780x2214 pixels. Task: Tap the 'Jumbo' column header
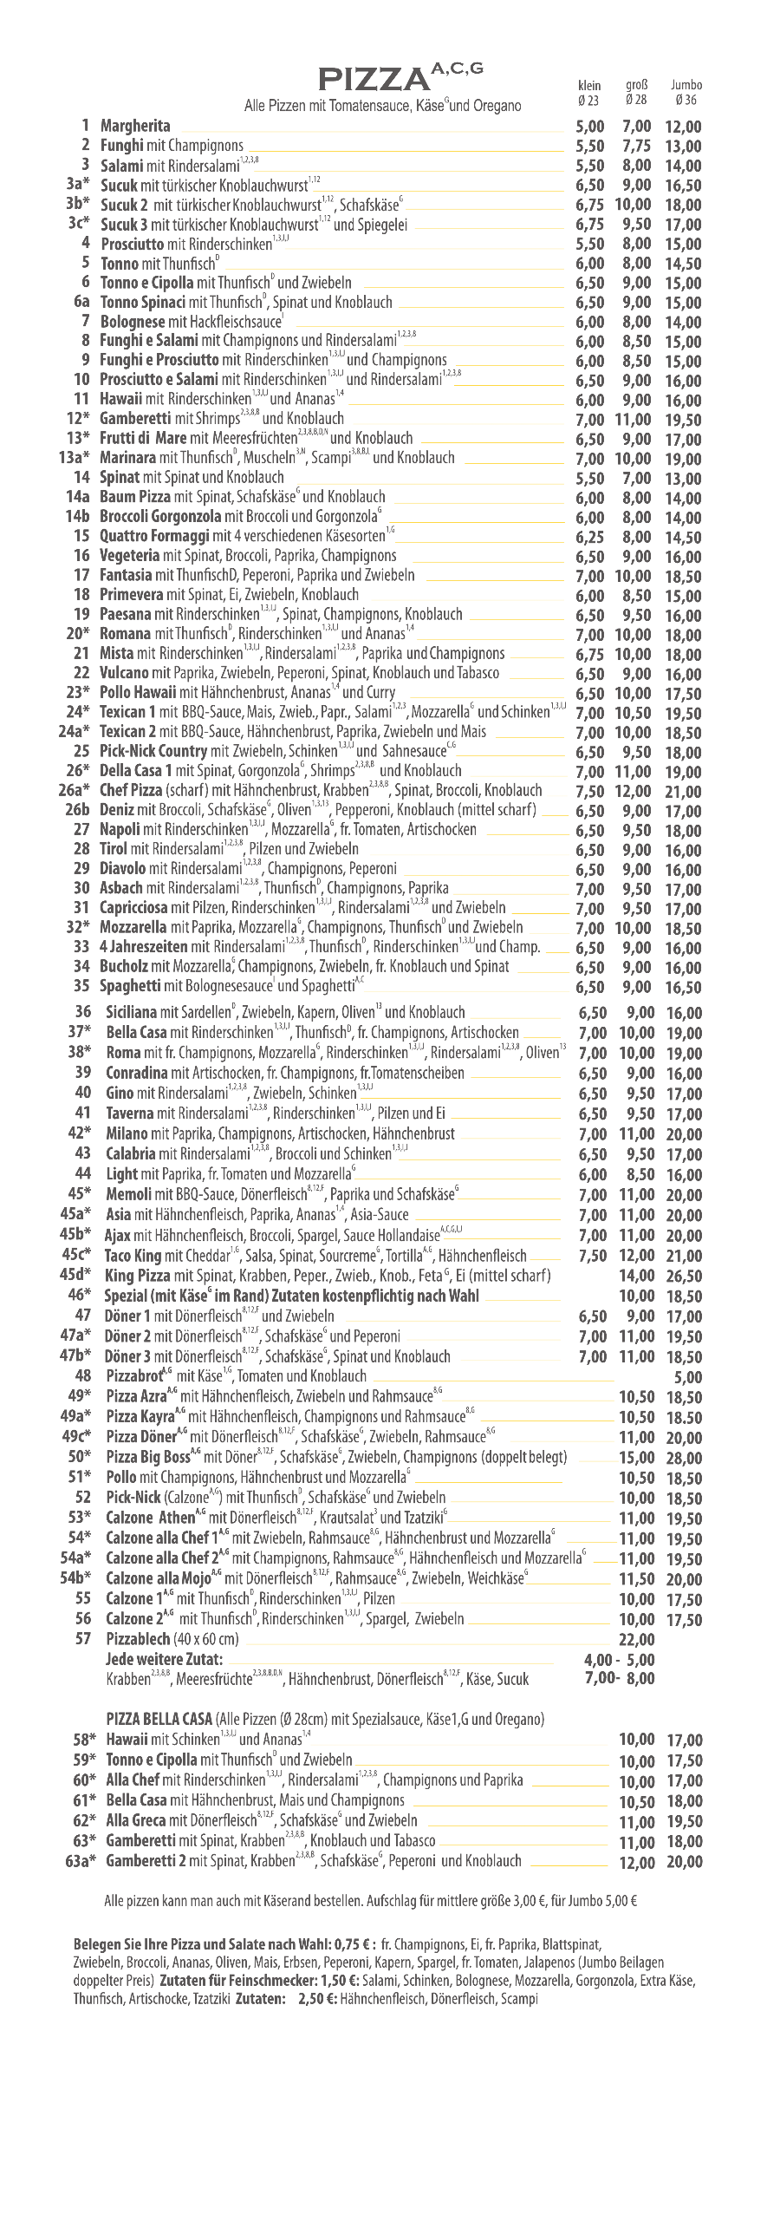(686, 85)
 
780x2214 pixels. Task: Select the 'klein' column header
(589, 85)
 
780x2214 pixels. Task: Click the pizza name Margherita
(135, 126)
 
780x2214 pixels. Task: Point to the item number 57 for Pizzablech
(82, 1638)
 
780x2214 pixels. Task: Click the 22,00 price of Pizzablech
(636, 1639)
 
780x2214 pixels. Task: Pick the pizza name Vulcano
(125, 672)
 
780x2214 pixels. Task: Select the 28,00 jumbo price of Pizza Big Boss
(684, 1457)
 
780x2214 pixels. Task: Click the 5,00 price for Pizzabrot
(687, 1376)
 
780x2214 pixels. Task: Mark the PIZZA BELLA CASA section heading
(159, 1718)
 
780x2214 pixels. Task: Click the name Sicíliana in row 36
(131, 1012)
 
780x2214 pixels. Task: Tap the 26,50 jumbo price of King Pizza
(684, 1276)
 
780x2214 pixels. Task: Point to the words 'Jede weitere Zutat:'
(164, 1658)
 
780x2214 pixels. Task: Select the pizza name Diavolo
(123, 868)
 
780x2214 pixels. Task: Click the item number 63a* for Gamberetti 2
(80, 1860)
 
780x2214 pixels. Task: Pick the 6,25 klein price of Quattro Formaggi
(589, 537)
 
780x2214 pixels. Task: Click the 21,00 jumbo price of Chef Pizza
(683, 791)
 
